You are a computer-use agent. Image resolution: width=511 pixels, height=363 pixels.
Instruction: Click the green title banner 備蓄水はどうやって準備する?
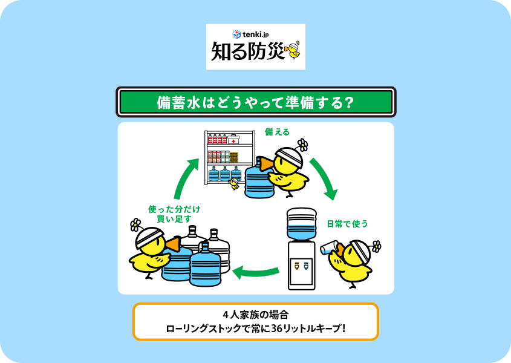point(255,102)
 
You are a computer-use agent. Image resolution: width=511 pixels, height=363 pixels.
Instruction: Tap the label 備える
point(277,132)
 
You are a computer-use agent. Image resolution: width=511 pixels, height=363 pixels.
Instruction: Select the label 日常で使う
point(347,224)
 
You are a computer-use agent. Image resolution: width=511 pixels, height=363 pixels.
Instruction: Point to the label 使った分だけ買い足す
point(174,214)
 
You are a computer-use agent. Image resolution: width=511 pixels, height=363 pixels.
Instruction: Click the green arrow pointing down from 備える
point(324,179)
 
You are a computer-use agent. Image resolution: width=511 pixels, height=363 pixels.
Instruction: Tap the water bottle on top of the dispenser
point(302,224)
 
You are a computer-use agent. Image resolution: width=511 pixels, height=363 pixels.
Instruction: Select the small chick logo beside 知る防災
point(293,50)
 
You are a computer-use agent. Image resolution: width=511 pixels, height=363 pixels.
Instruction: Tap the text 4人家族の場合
point(255,315)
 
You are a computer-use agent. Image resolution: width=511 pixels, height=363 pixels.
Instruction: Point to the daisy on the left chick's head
point(135,225)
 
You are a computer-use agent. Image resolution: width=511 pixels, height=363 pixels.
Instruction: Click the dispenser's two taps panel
point(301,265)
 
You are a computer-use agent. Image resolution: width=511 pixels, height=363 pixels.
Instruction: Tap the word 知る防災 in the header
point(247,52)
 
